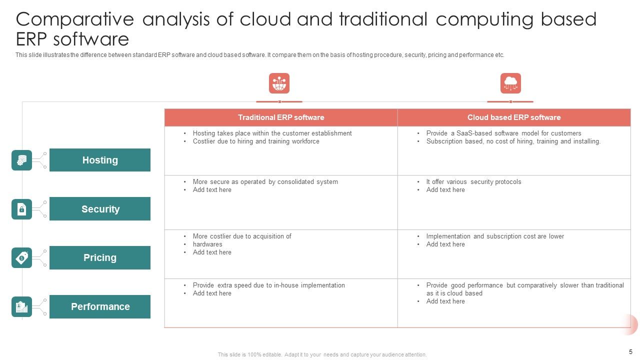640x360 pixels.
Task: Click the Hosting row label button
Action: pos(100,160)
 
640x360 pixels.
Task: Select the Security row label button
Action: pos(100,209)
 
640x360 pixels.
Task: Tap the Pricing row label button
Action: pos(100,257)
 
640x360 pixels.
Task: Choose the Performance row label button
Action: pos(100,306)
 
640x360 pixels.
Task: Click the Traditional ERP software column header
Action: pos(281,117)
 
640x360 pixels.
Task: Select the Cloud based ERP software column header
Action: pos(514,117)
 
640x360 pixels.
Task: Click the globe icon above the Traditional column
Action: pos(279,83)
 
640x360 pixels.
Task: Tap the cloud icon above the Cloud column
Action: pos(510,83)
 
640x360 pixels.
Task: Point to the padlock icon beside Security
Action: pos(21,209)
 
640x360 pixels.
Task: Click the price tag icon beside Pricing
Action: pos(21,257)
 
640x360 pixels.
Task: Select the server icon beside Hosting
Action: pos(21,160)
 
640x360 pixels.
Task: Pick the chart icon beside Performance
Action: pos(21,306)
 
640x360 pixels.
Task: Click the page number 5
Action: pos(630,351)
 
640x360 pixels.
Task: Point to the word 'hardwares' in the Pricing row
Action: pos(207,244)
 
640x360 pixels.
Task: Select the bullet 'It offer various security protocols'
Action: pos(473,182)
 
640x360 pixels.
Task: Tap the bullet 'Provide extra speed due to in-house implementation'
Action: pos(268,285)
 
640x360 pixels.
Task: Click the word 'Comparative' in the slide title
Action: pos(75,20)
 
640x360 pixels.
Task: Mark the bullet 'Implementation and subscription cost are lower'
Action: pos(495,236)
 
